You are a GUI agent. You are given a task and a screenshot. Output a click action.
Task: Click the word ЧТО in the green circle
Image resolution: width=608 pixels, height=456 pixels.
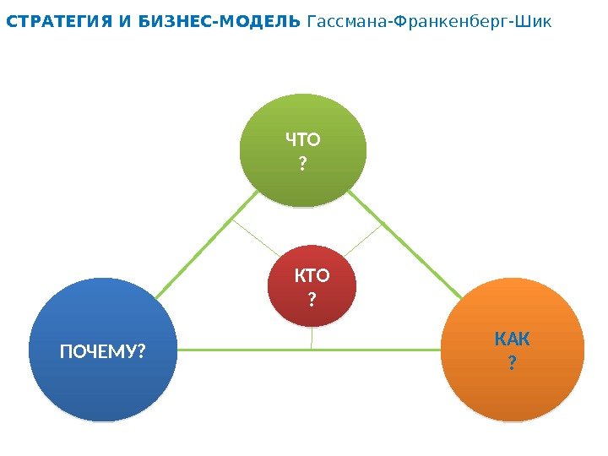[304, 138]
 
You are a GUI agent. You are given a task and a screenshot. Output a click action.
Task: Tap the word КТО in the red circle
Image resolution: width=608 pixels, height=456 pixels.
[312, 276]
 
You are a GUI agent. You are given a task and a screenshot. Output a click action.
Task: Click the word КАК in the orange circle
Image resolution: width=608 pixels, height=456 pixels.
[512, 339]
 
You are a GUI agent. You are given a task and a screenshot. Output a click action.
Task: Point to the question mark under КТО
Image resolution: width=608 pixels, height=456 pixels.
[312, 296]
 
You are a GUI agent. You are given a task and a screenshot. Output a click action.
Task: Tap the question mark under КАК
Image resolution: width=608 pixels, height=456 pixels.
[512, 363]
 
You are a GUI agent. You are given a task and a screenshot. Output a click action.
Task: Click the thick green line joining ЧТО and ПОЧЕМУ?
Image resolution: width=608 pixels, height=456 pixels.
[207, 244]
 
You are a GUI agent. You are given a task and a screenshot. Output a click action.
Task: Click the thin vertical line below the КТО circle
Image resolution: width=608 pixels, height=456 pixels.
[312, 338]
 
